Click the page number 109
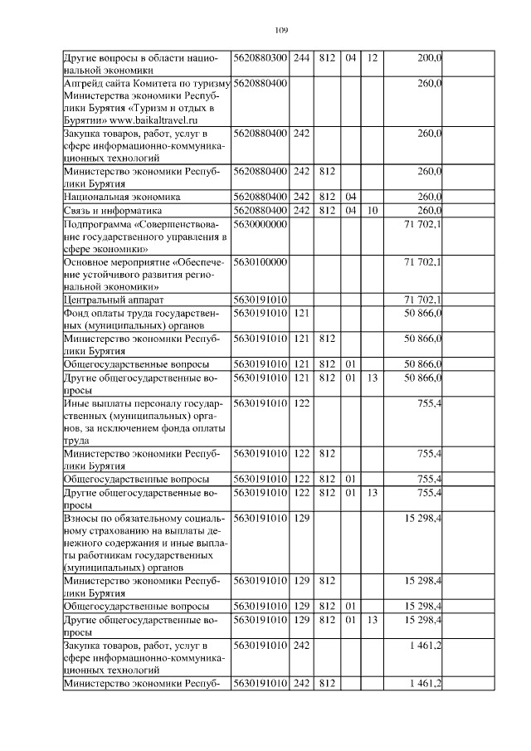[x=280, y=30]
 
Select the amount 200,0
[x=429, y=58]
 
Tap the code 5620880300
[x=261, y=58]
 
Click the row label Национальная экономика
[x=122, y=197]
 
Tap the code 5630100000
[x=261, y=262]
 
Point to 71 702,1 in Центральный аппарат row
[x=422, y=300]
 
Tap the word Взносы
[x=81, y=518]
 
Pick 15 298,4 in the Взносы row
[x=422, y=518]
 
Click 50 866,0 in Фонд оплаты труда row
[x=422, y=313]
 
